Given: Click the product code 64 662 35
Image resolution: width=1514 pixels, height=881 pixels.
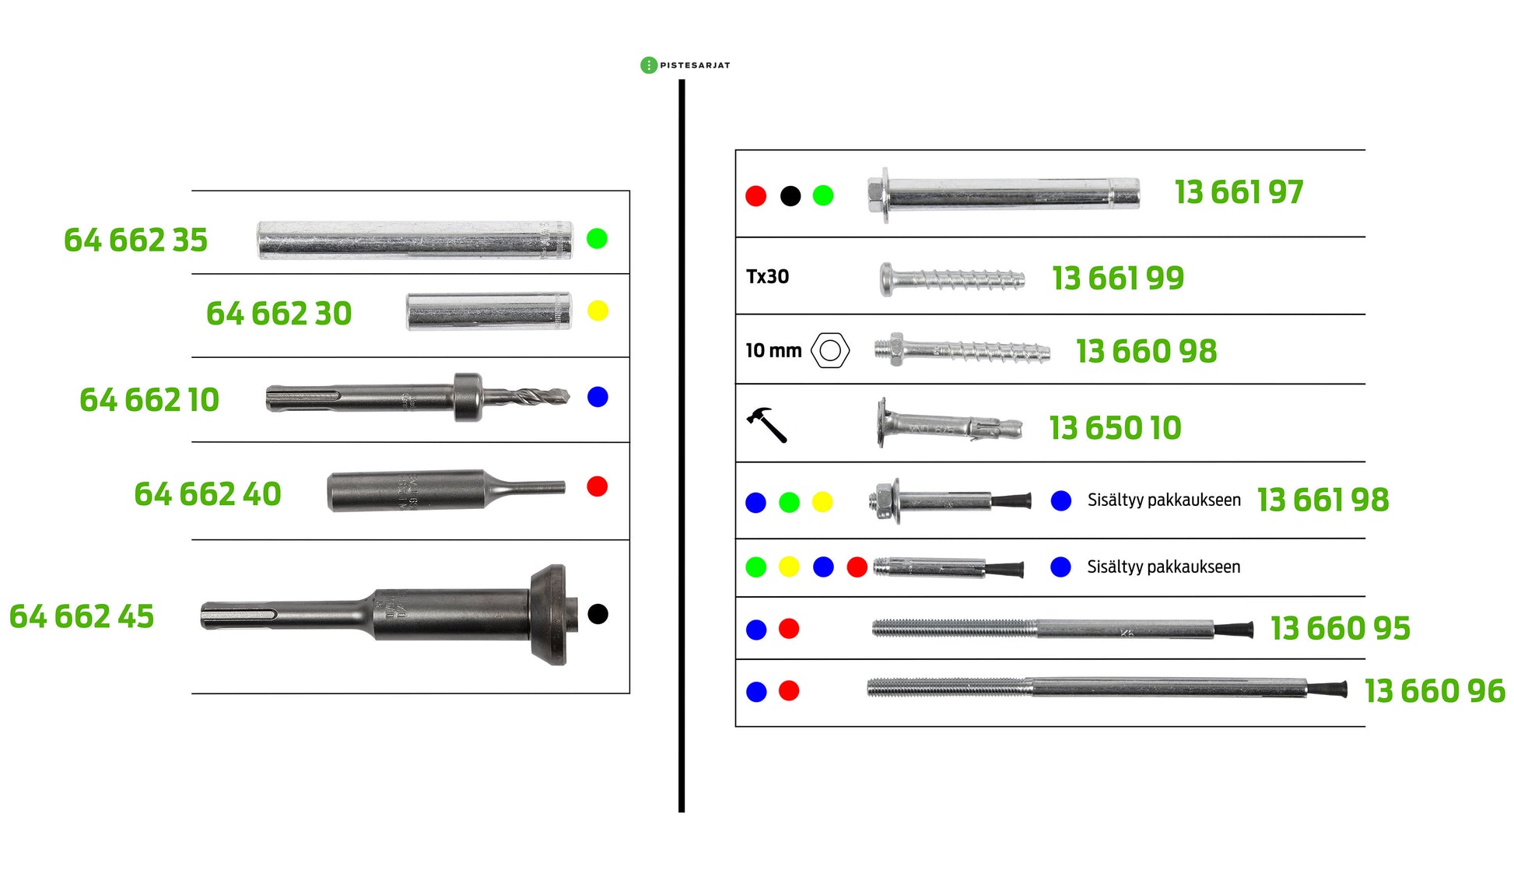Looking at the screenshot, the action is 135,240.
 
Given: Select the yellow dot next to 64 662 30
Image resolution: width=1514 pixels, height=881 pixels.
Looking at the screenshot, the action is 598,311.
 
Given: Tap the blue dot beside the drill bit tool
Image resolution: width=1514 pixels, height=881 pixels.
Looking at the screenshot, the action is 598,397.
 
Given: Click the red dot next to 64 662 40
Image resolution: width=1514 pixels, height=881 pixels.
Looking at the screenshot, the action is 598,486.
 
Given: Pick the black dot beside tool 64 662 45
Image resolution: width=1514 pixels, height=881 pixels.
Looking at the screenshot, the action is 598,614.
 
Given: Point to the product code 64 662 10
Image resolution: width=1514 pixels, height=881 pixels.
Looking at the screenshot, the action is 149,400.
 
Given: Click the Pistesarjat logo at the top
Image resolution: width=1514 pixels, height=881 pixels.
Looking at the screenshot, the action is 685,65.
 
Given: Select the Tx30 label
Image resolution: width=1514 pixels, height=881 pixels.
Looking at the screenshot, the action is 767,276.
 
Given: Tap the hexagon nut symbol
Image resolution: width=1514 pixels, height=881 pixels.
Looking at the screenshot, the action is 830,350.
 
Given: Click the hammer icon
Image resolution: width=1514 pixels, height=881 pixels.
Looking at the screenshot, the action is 767,425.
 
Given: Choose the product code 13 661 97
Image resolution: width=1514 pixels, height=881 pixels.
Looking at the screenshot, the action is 1239,192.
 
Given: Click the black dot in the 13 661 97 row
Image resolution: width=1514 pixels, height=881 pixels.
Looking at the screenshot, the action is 790,196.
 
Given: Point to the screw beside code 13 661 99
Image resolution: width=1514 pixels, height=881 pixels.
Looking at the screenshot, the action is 952,279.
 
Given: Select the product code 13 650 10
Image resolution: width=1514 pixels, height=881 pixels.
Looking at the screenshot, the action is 1115,428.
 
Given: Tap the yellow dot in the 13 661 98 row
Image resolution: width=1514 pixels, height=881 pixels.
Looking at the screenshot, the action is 822,502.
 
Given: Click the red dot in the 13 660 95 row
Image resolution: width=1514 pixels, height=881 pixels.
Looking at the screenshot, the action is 789,629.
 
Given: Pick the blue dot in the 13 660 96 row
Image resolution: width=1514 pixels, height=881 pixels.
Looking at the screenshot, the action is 756,691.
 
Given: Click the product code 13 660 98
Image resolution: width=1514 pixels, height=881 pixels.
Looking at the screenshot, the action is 1147,352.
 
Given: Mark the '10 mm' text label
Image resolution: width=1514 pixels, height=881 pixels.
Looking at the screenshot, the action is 773,351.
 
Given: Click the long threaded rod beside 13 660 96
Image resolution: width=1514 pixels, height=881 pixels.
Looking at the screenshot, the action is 1107,687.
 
